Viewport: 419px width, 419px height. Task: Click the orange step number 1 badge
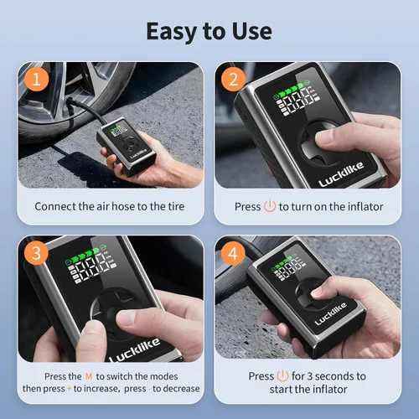tap(37, 79)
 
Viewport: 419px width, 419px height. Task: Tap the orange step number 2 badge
tap(234, 79)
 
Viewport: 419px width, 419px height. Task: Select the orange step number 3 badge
tap(36, 253)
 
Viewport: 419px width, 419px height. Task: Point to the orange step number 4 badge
tap(233, 253)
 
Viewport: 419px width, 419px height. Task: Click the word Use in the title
tap(252, 31)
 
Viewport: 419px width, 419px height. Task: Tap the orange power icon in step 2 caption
tap(270, 206)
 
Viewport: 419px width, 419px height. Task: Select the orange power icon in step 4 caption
tap(282, 375)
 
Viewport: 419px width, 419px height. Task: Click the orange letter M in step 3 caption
tap(89, 376)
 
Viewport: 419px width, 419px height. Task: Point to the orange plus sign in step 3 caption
tap(69, 389)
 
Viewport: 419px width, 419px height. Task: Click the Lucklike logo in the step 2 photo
tap(341, 174)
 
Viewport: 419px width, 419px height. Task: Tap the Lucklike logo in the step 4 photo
tap(331, 313)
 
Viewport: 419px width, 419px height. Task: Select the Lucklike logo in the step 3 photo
tap(135, 350)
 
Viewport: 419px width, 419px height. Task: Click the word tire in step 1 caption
tap(176, 206)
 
